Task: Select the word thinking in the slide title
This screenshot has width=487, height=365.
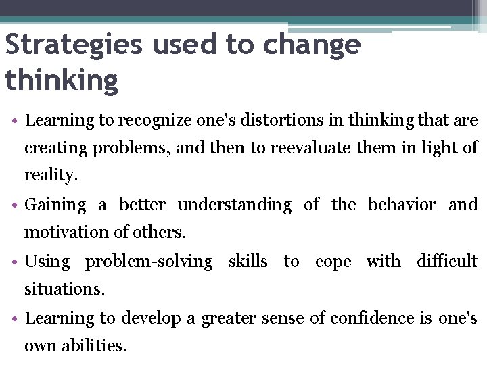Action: [62, 80]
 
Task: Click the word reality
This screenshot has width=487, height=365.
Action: [51, 176]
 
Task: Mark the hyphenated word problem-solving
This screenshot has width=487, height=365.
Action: [148, 262]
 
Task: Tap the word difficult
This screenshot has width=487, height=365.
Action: [447, 261]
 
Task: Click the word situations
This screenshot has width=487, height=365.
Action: [64, 289]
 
